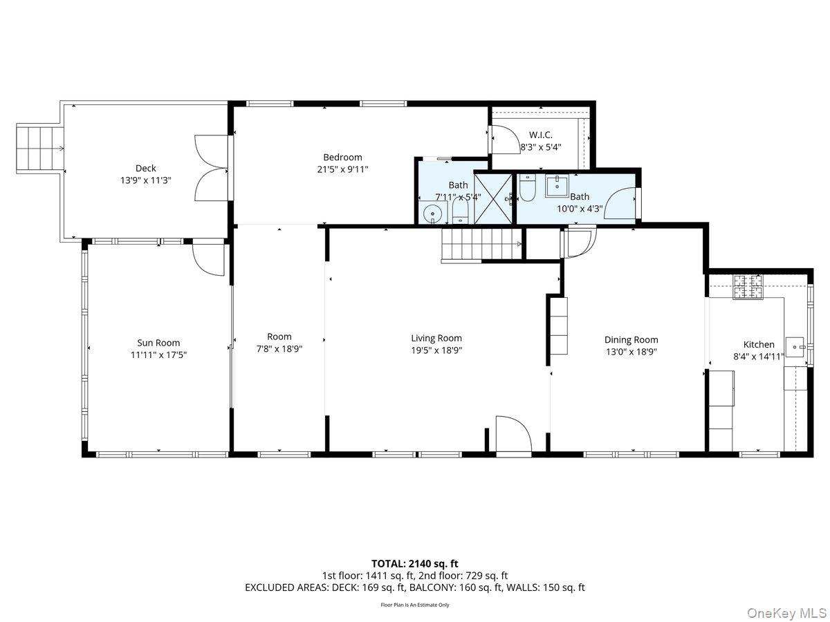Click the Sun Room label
[158, 343]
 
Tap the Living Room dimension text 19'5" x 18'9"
[436, 350]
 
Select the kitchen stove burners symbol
[748, 287]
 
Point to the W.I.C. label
[540, 135]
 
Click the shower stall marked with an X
[493, 199]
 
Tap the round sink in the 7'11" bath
[432, 214]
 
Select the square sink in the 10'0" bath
[557, 186]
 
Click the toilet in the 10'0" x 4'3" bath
[527, 188]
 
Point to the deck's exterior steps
[40, 149]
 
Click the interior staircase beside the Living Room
[481, 245]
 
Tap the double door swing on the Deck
[211, 168]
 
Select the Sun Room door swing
[209, 260]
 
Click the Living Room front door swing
[513, 433]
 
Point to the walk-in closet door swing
[506, 140]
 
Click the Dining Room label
[631, 339]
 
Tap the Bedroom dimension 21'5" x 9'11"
[342, 169]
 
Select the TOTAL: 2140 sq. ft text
[415, 563]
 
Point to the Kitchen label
[759, 344]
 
